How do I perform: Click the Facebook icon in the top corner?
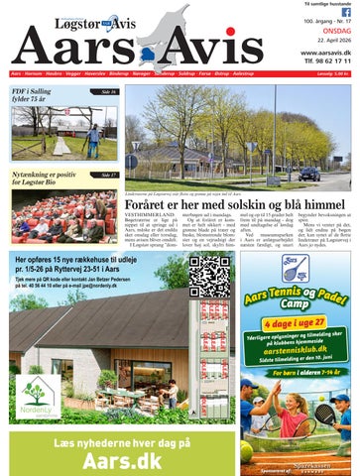[345, 12]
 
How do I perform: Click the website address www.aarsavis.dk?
[324, 52]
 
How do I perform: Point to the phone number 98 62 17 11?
[330, 62]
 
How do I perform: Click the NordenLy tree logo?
[38, 392]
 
